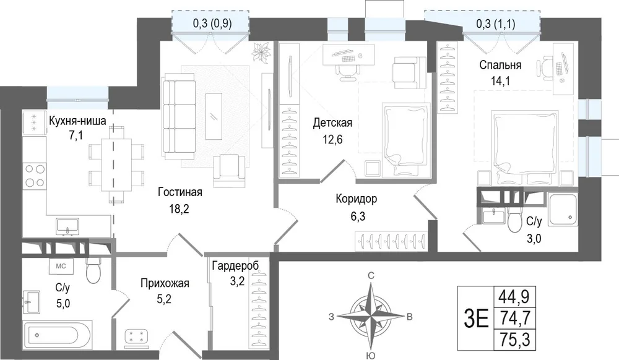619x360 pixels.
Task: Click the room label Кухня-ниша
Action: (77, 121)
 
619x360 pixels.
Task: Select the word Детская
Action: (332, 122)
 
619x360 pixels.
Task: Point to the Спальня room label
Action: (500, 65)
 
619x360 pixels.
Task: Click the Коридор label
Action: (356, 199)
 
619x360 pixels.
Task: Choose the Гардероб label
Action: (235, 266)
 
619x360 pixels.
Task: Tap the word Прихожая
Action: (165, 283)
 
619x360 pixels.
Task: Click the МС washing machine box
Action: (61, 266)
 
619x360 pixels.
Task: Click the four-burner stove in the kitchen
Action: (34, 176)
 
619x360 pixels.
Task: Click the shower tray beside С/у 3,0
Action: (563, 210)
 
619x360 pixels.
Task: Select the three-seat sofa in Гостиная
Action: (180, 116)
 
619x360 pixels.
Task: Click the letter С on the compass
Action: (371, 275)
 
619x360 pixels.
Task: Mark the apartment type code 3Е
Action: (477, 319)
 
